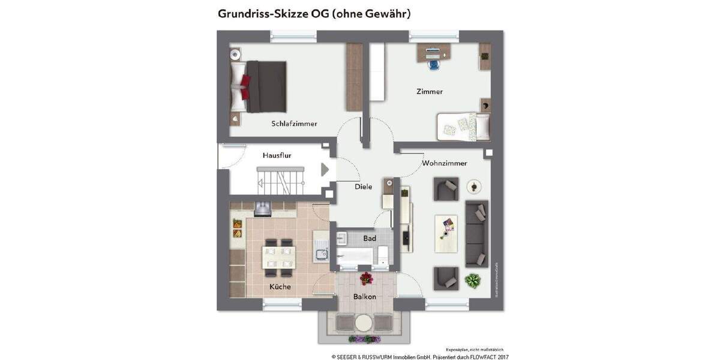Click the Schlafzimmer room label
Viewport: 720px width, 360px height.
click(294, 124)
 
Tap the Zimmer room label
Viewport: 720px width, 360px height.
click(430, 92)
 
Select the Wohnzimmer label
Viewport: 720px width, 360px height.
click(444, 163)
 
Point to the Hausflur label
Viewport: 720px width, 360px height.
click(277, 155)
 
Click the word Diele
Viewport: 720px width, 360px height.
click(363, 187)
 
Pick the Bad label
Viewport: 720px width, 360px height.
click(370, 238)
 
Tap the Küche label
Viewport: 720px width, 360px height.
click(280, 287)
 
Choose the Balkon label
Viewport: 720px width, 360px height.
click(365, 297)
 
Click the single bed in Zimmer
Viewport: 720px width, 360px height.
click(463, 126)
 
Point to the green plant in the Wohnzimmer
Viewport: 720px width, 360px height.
click(473, 280)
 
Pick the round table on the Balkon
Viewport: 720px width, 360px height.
click(364, 323)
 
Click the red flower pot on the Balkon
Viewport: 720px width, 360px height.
click(365, 278)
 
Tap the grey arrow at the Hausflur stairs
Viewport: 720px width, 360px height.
click(325, 170)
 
